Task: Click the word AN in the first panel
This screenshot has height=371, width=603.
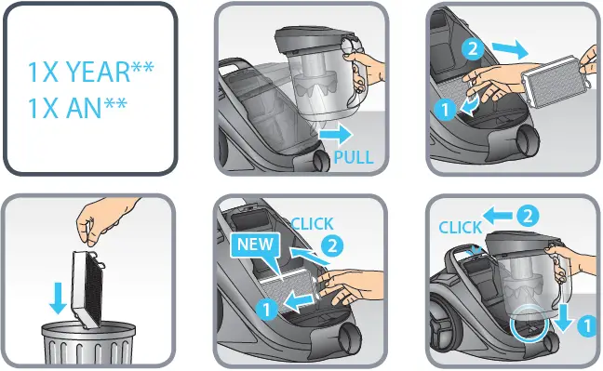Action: (84, 108)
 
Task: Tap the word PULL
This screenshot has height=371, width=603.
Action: (354, 157)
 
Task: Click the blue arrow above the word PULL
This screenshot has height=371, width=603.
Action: (336, 134)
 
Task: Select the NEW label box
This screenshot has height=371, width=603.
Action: (255, 245)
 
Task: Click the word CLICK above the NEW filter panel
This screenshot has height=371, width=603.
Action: (312, 224)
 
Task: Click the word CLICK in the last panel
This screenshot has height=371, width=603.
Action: (461, 228)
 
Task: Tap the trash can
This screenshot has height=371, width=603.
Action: (88, 342)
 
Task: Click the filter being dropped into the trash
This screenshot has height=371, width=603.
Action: (87, 289)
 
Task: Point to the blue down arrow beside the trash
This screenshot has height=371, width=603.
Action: (58, 298)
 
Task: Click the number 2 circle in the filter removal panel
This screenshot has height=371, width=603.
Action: (473, 48)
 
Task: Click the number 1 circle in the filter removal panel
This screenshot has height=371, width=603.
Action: (445, 109)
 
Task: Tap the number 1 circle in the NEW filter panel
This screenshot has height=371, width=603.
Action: (266, 309)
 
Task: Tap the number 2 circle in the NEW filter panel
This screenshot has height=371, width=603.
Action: (332, 246)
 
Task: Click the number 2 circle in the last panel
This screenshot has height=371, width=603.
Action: (528, 216)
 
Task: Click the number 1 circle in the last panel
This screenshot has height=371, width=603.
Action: (588, 326)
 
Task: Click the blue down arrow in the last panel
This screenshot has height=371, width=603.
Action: (563, 317)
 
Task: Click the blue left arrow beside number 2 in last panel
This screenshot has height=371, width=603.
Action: (497, 216)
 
